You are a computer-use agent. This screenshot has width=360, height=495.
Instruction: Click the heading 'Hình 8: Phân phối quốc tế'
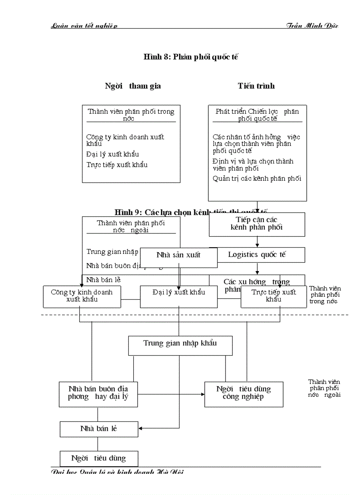pyautogui.click(x=191, y=57)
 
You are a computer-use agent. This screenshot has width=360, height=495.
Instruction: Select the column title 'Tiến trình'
pyautogui.click(x=256, y=86)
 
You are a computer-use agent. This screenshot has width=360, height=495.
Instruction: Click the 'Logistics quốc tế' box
pyautogui.click(x=257, y=255)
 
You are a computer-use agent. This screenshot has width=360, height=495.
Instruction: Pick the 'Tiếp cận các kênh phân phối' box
pyautogui.click(x=257, y=224)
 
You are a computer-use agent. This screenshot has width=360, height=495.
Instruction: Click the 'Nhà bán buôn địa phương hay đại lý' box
pyautogui.click(x=98, y=393)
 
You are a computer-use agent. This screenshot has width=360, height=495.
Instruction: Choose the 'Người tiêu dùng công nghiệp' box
pyautogui.click(x=244, y=393)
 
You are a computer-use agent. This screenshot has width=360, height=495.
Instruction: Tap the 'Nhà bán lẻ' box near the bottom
pyautogui.click(x=99, y=428)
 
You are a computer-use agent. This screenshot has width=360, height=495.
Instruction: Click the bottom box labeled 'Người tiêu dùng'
pyautogui.click(x=99, y=458)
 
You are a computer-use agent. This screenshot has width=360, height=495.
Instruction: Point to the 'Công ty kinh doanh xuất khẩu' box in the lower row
pyautogui.click(x=82, y=296)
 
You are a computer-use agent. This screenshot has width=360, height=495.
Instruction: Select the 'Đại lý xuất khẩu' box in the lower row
pyautogui.click(x=179, y=296)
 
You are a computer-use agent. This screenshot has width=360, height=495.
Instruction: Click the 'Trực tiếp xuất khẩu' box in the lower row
pyautogui.click(x=274, y=296)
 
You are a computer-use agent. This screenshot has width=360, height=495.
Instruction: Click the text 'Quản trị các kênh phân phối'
pyautogui.click(x=257, y=179)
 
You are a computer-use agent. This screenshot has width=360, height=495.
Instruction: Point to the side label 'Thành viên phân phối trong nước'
pyautogui.click(x=325, y=295)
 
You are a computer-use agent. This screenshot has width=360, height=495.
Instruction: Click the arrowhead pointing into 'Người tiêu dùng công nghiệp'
pyautogui.click(x=202, y=394)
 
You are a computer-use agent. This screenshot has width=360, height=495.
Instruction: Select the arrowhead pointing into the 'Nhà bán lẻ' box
pyautogui.click(x=141, y=428)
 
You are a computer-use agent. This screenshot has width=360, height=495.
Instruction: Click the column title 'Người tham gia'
pyautogui.click(x=133, y=86)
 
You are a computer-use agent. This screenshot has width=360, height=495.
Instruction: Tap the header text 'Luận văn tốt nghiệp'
pyautogui.click(x=84, y=26)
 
